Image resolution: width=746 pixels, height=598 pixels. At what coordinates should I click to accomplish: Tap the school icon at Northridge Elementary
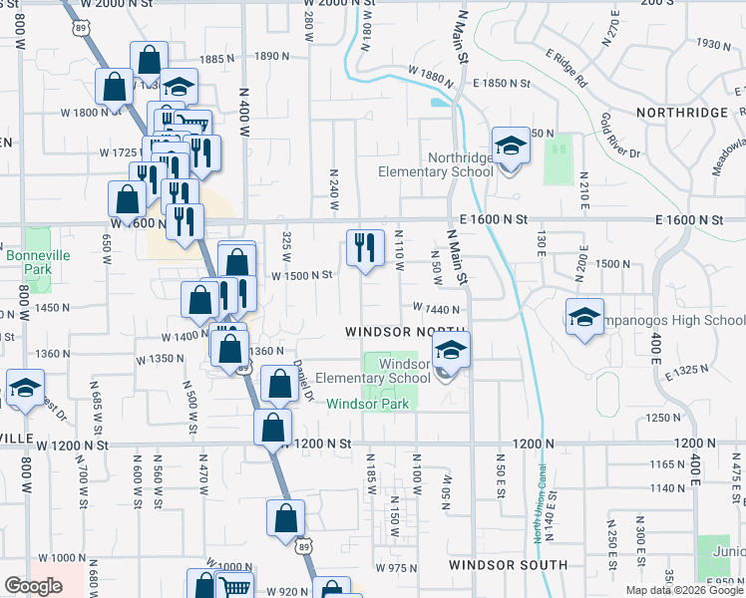511,147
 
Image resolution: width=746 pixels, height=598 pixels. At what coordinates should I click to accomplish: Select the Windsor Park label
368,404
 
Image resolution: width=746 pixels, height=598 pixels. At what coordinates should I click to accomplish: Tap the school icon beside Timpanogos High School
584,318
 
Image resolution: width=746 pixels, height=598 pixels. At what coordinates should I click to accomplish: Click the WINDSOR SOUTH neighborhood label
508,565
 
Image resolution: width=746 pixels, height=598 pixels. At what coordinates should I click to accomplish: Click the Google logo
33,586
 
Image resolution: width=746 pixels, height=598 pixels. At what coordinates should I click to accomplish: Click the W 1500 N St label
301,275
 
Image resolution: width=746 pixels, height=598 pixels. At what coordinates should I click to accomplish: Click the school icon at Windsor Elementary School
451,351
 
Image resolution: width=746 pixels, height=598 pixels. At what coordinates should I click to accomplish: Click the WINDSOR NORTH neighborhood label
407,331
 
